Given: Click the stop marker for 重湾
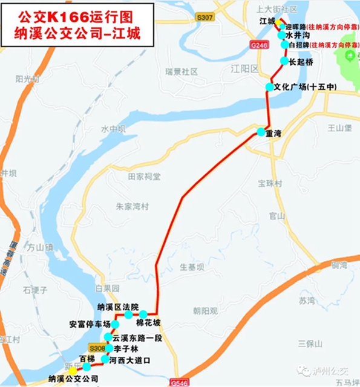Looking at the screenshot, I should [x=260, y=132].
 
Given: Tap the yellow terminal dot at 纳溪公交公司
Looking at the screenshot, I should [x=73, y=370].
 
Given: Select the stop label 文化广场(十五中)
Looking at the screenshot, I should [x=305, y=87].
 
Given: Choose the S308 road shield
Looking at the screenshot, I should [x=97, y=348].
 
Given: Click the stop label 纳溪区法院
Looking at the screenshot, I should [x=117, y=307].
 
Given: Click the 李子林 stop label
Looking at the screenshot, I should [x=126, y=349].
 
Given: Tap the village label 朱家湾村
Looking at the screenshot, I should [x=132, y=206].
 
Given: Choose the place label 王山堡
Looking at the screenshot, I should [x=339, y=128].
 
